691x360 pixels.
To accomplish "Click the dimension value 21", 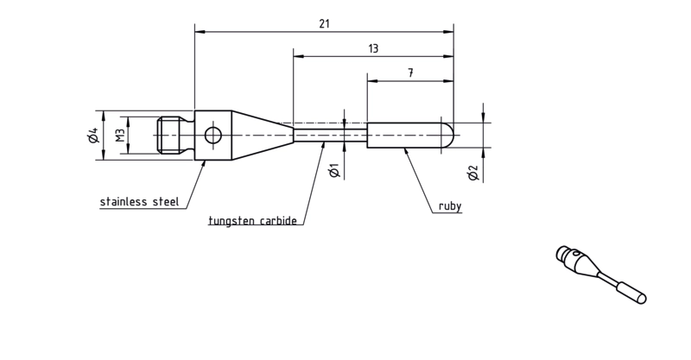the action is coord(325,24).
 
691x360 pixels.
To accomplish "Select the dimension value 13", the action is coord(373,48).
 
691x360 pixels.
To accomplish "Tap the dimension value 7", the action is coord(411,73).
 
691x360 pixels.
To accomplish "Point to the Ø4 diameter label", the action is coord(93,136).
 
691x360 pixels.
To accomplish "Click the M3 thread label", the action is coord(120,136).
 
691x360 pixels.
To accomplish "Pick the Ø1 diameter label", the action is coord(335,171).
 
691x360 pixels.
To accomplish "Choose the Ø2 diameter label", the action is coord(473,173).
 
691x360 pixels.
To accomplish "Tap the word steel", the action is coord(166,202).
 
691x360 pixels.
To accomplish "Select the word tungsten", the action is coord(231,220).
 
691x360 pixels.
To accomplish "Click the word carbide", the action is coord(278,220).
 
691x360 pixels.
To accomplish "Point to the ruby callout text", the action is coord(450,206).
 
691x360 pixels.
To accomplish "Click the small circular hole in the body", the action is coord(213,136).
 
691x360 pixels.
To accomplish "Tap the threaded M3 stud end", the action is coord(169,136).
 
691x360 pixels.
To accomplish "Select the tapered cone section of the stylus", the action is coord(263,136).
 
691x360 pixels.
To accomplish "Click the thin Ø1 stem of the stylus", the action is coord(331,136).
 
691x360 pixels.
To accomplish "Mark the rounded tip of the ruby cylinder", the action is coord(447,136).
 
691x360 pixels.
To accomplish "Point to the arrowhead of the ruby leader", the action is coord(405,152).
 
